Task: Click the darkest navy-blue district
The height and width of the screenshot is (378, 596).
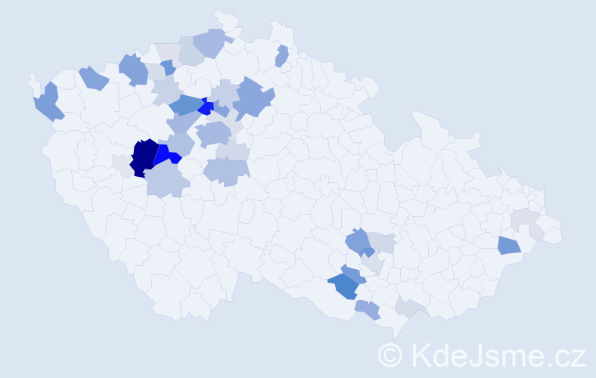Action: [144, 157]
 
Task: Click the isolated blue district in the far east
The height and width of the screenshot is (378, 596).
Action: [509, 245]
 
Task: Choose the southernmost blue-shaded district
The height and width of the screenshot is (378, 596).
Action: [368, 308]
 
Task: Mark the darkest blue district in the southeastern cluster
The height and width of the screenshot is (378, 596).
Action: [345, 287]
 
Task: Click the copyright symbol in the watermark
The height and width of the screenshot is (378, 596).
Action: [392, 354]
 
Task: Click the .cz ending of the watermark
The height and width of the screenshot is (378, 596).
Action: [567, 354]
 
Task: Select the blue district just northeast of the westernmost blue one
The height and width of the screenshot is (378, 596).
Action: [92, 77]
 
